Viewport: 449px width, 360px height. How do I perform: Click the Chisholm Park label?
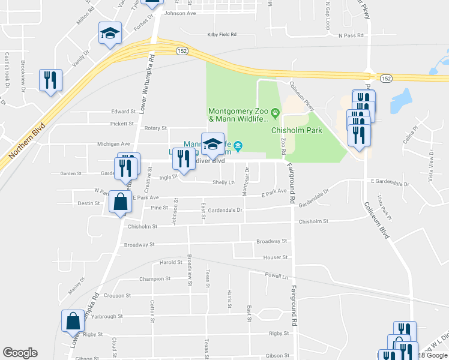coord(297,130)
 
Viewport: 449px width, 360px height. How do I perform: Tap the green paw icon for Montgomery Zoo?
coord(275,112)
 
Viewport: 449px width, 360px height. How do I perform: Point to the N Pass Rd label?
coord(351,35)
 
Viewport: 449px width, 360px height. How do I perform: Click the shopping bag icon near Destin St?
coord(121,202)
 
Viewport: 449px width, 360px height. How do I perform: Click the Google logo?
coord(20,353)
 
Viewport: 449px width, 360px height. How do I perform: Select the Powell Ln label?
coord(277,275)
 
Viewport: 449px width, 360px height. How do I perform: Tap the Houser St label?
coord(275,257)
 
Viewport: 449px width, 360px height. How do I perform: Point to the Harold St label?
coord(171,263)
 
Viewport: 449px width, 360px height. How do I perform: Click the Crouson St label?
coord(117,296)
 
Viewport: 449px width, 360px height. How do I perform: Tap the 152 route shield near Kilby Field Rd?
coord(182,51)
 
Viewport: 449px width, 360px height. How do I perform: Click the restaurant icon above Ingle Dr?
coord(183,158)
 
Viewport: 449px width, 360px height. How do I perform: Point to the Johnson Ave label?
coord(180,13)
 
